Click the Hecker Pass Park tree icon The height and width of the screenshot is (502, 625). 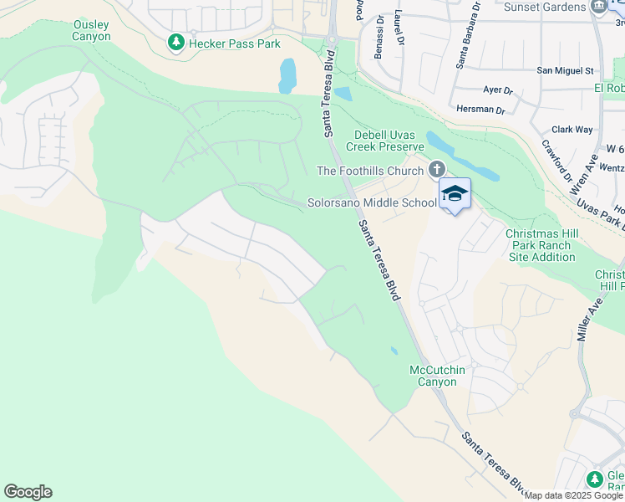tap(176, 43)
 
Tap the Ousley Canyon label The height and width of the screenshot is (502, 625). tap(92, 31)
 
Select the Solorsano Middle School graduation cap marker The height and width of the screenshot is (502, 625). tap(455, 194)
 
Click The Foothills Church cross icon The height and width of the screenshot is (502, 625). tap(436, 171)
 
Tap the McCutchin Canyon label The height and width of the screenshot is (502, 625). tap(433, 376)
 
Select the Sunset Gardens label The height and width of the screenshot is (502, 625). tap(546, 7)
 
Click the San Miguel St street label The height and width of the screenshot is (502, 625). tap(565, 71)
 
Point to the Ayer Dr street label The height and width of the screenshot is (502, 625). tap(498, 90)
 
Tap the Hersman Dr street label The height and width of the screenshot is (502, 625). tap(481, 110)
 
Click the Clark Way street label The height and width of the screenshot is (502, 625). tap(572, 130)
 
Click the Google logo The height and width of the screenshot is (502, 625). tap(28, 492)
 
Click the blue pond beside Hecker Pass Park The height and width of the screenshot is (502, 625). tap(287, 75)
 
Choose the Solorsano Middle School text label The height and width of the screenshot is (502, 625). tap(372, 202)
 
